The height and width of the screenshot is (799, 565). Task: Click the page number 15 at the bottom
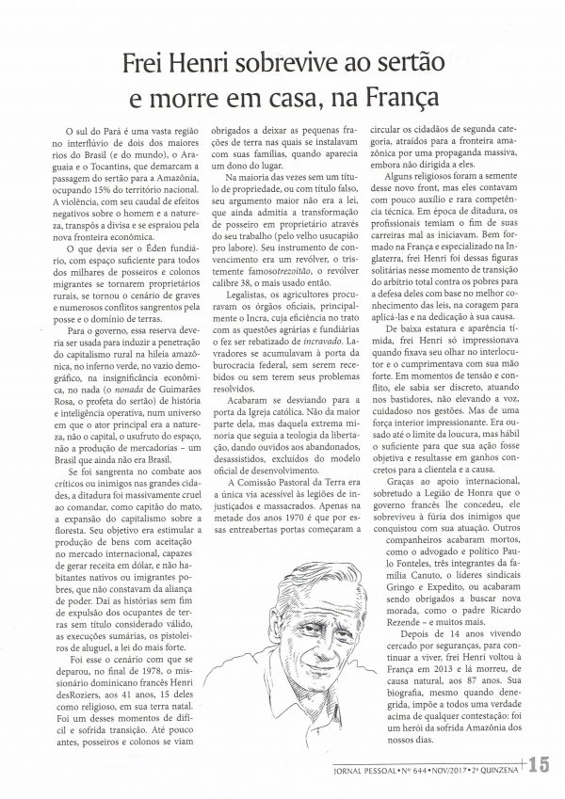click(550, 764)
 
